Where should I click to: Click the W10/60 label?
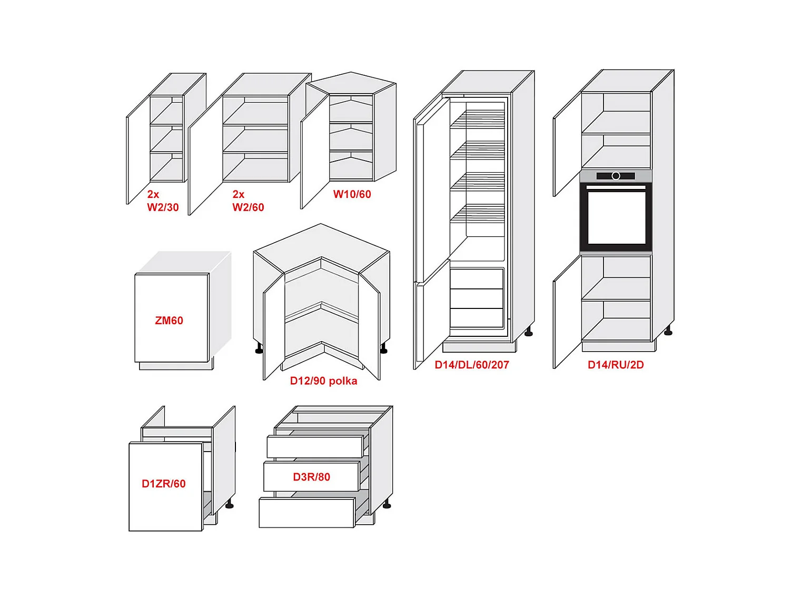[x=352, y=194]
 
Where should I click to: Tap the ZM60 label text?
[x=169, y=321]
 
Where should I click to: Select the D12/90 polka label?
[x=323, y=381]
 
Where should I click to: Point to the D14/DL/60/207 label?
[x=472, y=365]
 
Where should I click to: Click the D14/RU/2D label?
[x=616, y=365]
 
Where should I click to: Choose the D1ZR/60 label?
[x=164, y=484]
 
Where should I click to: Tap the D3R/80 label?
[x=312, y=477]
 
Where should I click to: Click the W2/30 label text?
[x=163, y=207]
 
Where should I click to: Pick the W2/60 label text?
[x=248, y=207]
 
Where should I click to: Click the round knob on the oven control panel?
[x=616, y=176]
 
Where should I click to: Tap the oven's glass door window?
[x=616, y=217]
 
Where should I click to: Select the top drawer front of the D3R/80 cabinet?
[x=314, y=446]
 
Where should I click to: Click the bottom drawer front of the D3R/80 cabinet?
[x=306, y=513]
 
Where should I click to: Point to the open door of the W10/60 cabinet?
[x=314, y=153]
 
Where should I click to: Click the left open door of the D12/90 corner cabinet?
[x=273, y=329]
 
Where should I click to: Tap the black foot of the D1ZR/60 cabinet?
[x=229, y=505]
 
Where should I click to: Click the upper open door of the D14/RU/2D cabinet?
[x=567, y=145]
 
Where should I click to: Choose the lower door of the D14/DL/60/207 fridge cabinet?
[x=432, y=316]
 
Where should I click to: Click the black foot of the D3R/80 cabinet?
[x=387, y=505]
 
